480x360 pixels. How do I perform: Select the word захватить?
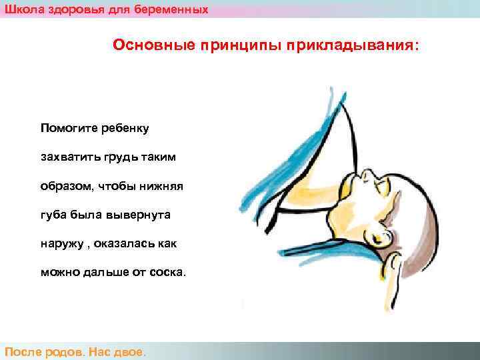pos(69,157)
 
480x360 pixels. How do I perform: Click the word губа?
pos(53,215)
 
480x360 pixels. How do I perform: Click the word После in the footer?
pos(24,351)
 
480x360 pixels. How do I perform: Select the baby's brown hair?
pos(417,220)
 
